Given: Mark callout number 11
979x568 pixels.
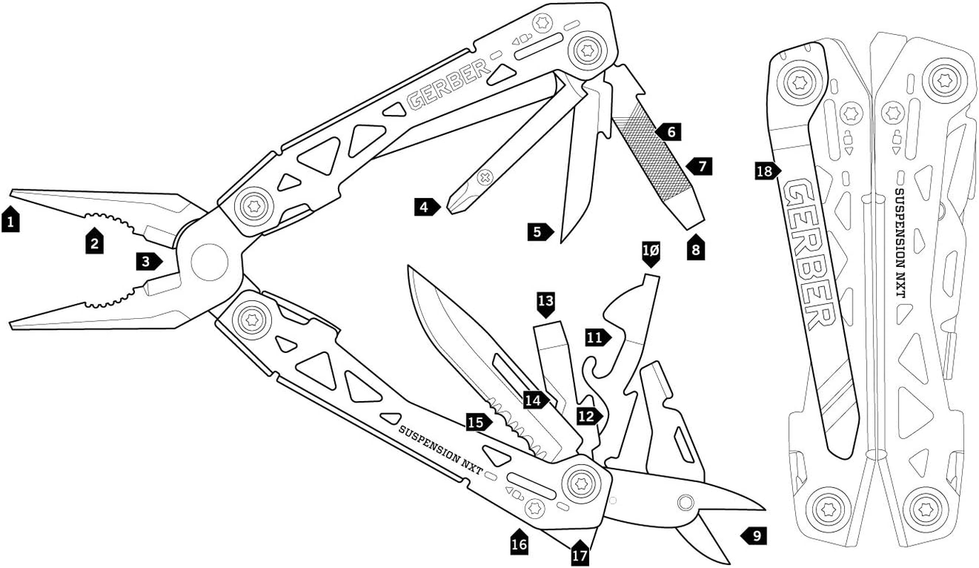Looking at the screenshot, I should click(x=597, y=338).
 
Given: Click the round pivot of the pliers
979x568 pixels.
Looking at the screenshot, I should click(x=209, y=262).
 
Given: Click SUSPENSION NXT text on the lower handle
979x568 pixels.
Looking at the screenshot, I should click(x=440, y=445).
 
